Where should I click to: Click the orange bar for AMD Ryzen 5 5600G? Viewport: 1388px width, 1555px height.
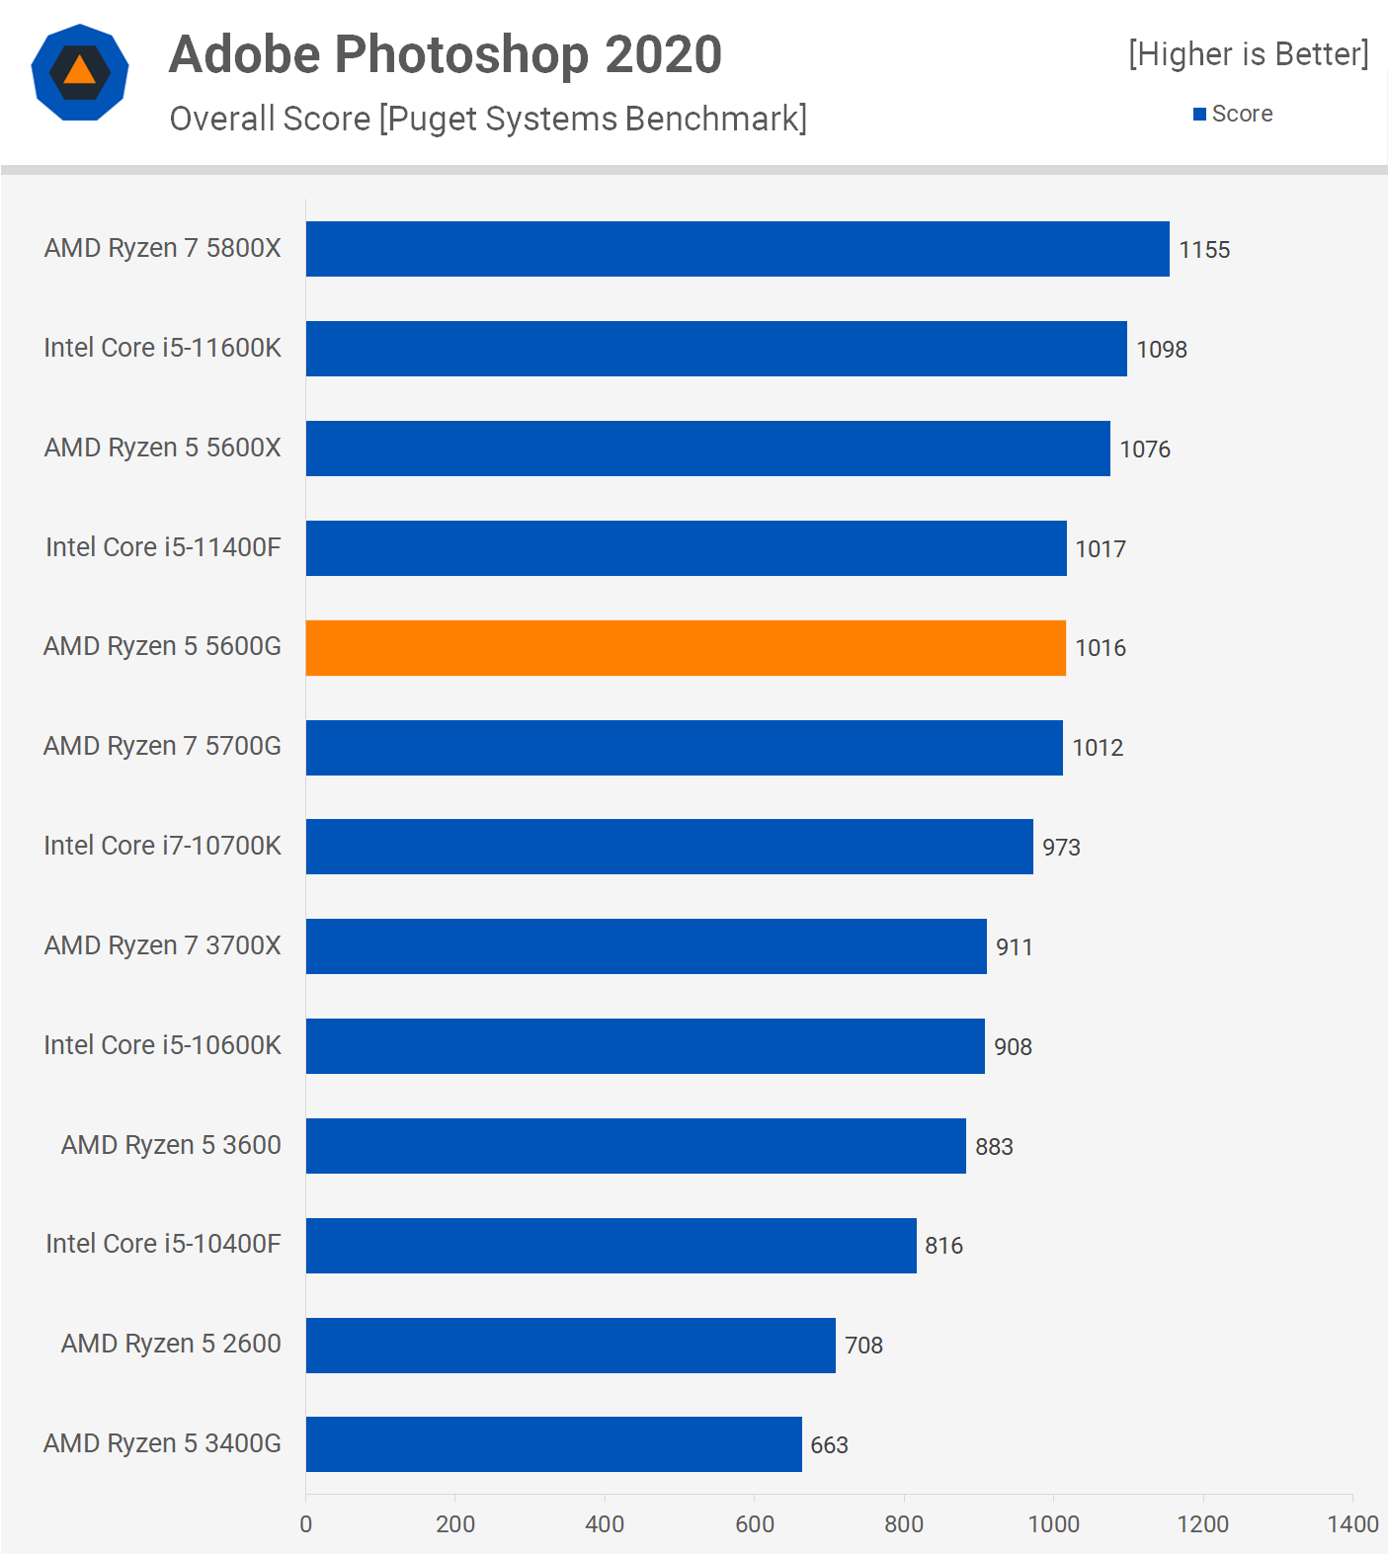[x=686, y=648]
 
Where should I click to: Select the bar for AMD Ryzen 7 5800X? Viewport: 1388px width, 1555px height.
[x=737, y=249]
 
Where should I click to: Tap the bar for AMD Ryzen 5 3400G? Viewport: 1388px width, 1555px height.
[x=553, y=1444]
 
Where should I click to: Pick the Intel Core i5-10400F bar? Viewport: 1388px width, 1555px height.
[x=611, y=1246]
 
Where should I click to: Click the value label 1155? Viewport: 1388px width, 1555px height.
[x=1204, y=250]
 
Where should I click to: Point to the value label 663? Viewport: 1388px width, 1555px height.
[x=829, y=1445]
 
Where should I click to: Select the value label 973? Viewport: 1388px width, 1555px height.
[x=1061, y=848]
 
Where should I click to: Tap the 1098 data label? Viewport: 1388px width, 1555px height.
[x=1162, y=350]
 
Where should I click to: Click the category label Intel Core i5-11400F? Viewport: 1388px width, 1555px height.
[x=163, y=547]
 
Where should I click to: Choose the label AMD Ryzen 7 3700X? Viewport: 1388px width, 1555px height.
[x=162, y=945]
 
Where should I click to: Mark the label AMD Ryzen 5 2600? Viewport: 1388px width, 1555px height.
[x=171, y=1344]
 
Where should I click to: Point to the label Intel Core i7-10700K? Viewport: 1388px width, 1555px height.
[x=162, y=846]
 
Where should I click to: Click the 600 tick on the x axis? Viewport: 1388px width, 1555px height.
[x=755, y=1524]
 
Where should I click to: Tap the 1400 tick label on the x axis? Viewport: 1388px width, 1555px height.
[x=1352, y=1524]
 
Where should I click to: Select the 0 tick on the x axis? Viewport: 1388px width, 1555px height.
[x=306, y=1524]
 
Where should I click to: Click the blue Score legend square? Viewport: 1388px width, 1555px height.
[x=1199, y=115]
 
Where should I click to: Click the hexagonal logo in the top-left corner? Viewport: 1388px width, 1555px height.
[x=80, y=72]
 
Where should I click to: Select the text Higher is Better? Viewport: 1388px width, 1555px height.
[x=1249, y=54]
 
